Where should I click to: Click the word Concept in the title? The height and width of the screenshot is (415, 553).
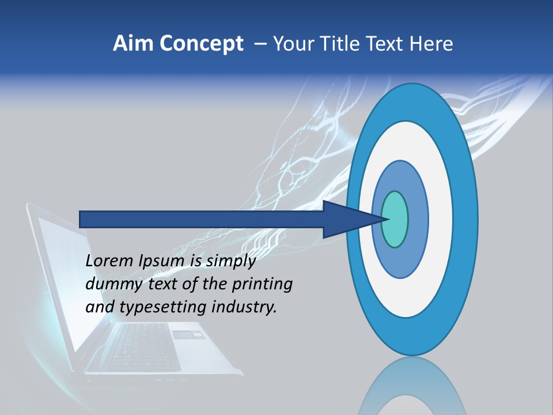201,44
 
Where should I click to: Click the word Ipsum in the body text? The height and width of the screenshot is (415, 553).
163,262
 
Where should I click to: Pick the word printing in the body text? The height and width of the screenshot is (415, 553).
262,285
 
